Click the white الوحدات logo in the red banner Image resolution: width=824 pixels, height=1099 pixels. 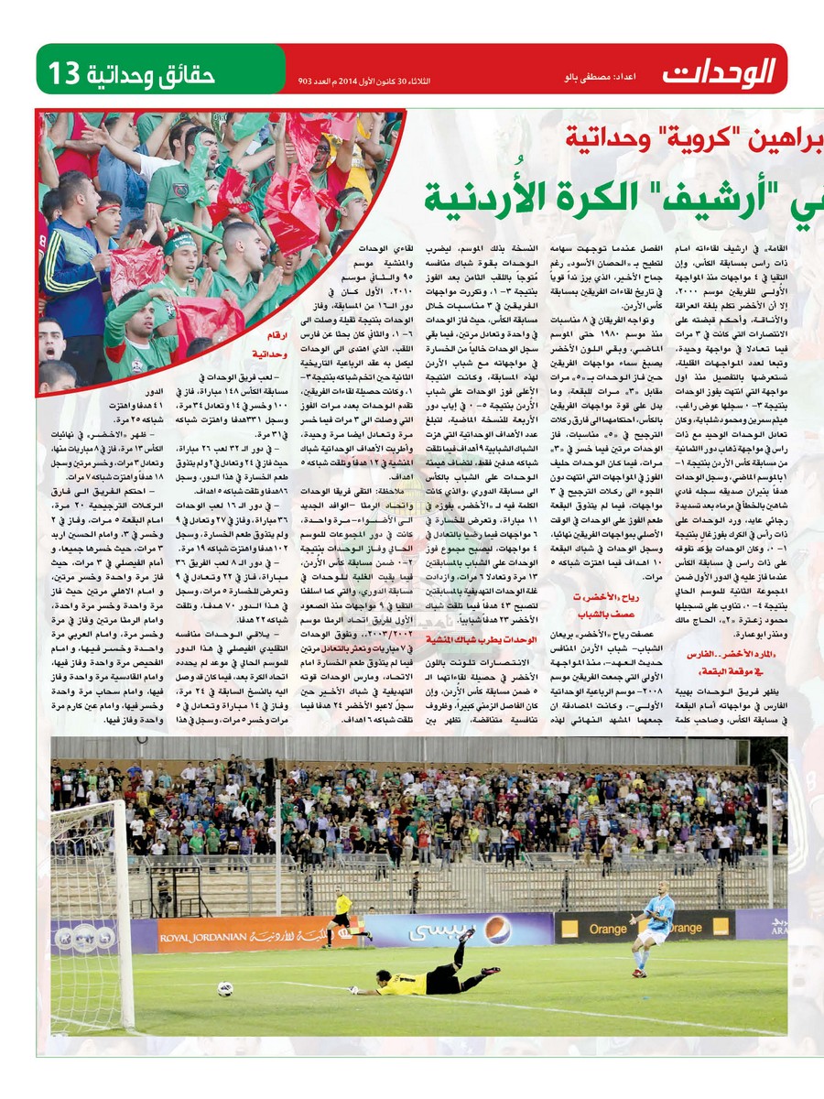720,71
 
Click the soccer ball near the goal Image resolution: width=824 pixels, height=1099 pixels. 224,988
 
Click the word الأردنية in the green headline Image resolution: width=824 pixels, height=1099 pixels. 491,194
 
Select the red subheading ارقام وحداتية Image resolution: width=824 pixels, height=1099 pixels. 260,345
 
